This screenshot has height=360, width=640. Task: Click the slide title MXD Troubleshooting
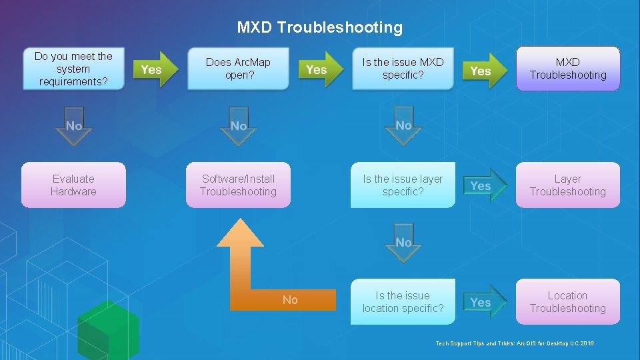[320, 27]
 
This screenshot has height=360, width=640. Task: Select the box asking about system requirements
[73, 69]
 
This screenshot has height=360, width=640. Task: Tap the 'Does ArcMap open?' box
[238, 69]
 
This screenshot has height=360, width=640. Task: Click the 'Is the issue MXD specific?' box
[403, 69]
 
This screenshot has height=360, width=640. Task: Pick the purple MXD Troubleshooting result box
[568, 69]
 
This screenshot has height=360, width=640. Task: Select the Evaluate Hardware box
[73, 185]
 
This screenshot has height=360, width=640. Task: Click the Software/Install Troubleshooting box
[238, 185]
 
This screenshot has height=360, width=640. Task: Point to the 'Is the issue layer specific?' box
[403, 185]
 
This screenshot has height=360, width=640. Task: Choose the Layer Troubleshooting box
[568, 185]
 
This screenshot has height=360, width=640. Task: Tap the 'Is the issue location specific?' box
[403, 302]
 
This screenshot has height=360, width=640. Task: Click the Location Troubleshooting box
[568, 302]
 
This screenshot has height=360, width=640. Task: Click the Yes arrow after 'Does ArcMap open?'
[319, 69]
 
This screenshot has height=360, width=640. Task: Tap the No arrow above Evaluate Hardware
[74, 126]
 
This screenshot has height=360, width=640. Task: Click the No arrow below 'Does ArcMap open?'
[239, 126]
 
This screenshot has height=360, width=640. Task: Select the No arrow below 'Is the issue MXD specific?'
[403, 125]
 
